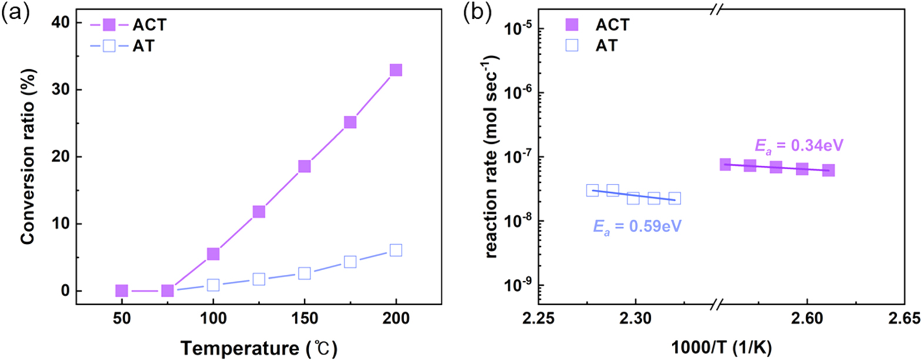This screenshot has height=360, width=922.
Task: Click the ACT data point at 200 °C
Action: coord(396,70)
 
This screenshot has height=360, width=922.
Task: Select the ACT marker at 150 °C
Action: coord(304,166)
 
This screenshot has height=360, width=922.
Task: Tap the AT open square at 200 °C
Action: coord(396,250)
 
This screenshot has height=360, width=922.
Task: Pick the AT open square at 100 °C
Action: coord(213,285)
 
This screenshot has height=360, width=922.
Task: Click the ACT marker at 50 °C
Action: coord(122,291)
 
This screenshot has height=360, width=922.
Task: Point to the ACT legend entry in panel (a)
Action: coord(129,25)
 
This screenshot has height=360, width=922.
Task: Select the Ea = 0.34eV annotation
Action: coord(799,145)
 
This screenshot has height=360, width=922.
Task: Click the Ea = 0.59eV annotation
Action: coord(637,226)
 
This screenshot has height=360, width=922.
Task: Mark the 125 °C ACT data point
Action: coord(258,211)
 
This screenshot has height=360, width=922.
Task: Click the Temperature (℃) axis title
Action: coord(259,348)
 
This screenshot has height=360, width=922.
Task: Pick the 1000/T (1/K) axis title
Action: coord(721,348)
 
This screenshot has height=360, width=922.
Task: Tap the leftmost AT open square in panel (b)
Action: coord(592,190)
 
